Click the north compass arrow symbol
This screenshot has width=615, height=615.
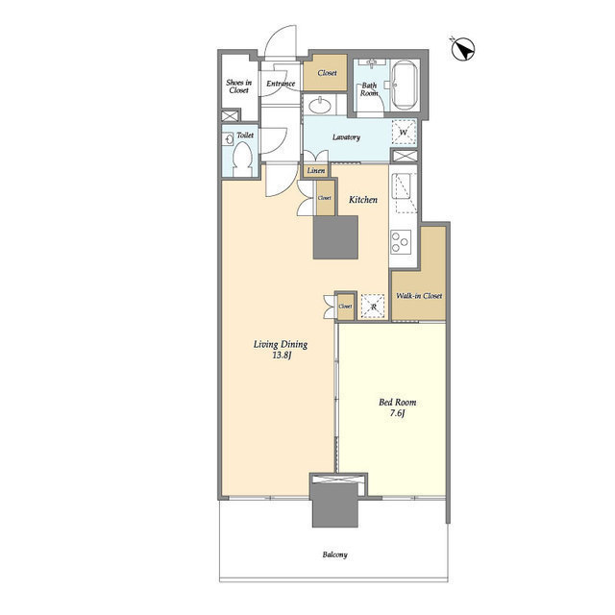461,49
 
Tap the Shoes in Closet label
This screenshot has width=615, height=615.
238,86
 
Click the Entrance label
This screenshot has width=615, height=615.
281,84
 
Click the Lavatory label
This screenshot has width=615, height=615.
346,137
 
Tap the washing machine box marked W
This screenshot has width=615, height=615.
404,133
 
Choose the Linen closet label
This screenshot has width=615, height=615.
315,171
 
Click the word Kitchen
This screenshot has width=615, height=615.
362,200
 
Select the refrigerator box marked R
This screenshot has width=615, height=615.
372,305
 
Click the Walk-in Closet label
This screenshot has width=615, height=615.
419,296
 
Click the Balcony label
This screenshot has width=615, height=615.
334,555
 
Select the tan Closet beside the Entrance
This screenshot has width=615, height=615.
327,73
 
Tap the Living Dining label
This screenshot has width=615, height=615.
279,344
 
